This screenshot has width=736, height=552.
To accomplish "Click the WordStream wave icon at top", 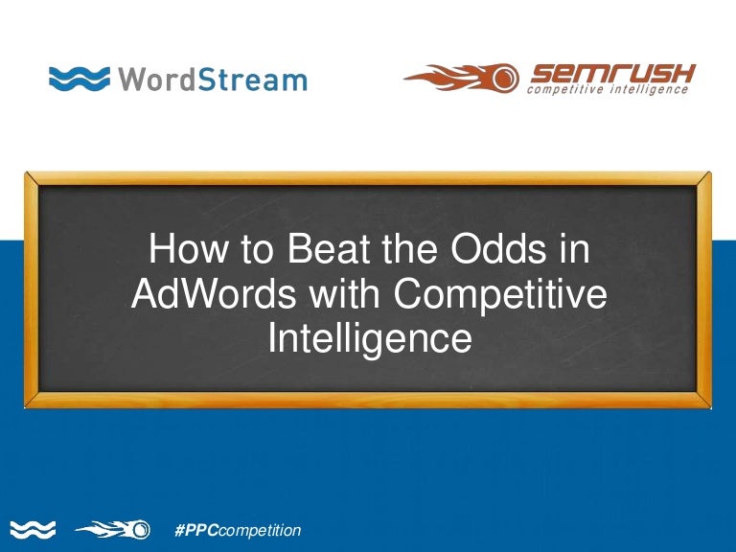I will (x=79, y=78).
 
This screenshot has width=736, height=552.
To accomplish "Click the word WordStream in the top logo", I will (x=213, y=78).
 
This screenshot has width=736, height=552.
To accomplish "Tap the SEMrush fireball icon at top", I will (x=461, y=78).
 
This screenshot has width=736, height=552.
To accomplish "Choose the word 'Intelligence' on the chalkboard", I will (x=369, y=338).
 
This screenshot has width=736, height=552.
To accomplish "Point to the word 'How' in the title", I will (x=182, y=251).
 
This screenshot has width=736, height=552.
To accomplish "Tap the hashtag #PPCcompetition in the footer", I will (x=238, y=529).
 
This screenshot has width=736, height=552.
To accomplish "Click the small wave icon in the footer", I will (x=33, y=529).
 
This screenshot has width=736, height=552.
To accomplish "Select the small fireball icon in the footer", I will (x=113, y=529).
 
